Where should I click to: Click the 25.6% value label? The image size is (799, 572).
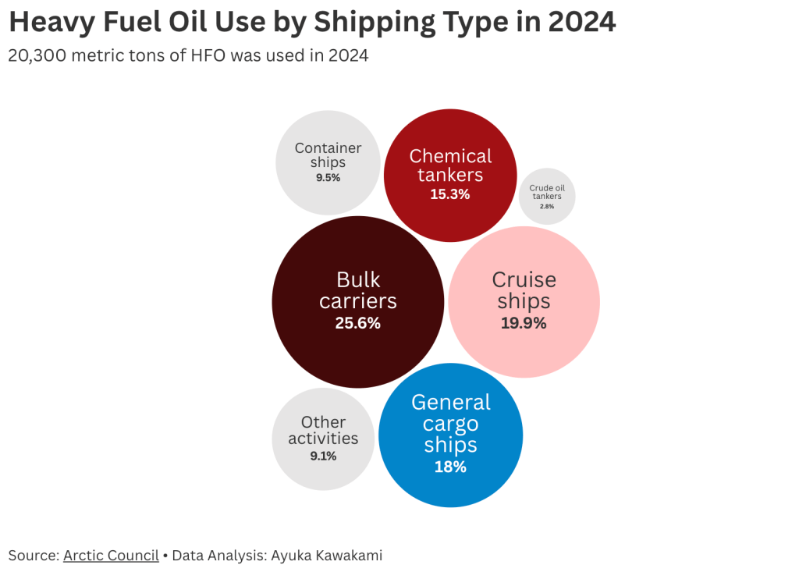(357, 323)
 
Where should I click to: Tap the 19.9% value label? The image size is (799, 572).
(524, 323)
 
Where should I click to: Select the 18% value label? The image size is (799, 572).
(450, 467)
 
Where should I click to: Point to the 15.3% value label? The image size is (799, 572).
(450, 194)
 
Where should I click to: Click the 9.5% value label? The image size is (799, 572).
(328, 178)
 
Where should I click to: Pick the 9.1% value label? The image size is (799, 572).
(323, 457)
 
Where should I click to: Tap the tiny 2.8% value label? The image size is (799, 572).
(547, 206)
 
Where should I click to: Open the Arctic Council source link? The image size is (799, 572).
(111, 556)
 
